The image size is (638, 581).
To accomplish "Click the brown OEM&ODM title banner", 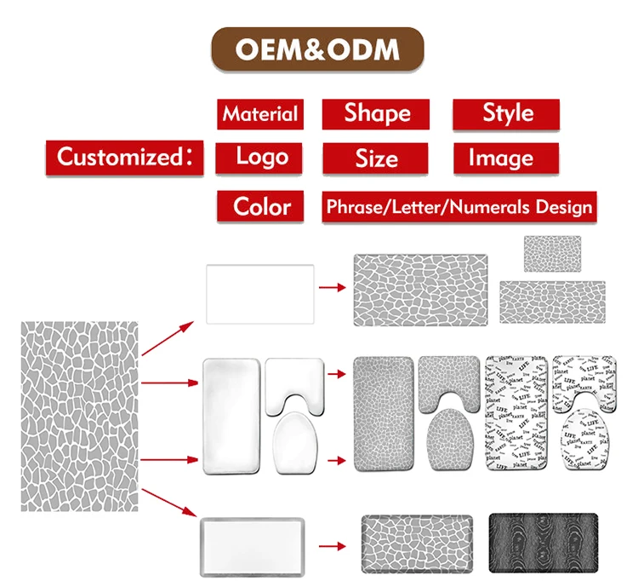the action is tap(317, 49).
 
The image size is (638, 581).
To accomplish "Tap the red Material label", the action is tap(260, 114).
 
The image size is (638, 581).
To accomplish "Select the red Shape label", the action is tap(376, 114).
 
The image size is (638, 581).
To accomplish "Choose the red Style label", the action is tap(506, 114).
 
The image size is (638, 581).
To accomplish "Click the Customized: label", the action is tap(124, 158).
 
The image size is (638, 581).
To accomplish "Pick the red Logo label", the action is tap(260, 157).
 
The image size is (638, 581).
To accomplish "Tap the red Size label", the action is tap(376, 158).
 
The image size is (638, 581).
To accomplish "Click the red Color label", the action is tap(260, 206).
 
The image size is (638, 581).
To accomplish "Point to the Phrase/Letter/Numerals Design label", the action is tap(459, 207).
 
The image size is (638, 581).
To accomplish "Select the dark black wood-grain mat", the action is tap(543, 542).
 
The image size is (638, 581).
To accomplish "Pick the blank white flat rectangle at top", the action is tap(260, 292).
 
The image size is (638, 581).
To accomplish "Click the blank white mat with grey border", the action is tap(253, 543).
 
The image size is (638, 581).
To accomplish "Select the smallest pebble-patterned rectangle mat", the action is tap(551, 251).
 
